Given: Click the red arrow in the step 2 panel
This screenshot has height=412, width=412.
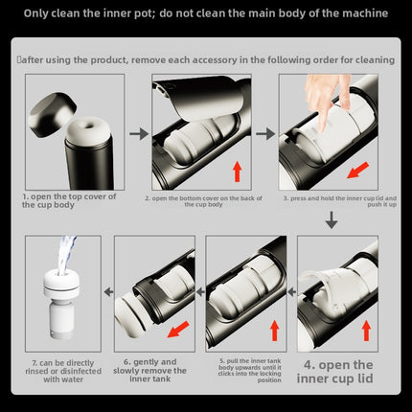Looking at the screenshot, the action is [x=237, y=172].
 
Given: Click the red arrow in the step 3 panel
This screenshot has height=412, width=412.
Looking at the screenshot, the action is [x=357, y=170].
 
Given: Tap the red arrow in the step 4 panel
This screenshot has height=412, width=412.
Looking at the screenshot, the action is [x=366, y=331].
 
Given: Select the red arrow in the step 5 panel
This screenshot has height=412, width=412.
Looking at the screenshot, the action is [x=275, y=331].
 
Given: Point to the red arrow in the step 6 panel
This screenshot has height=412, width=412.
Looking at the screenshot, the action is [x=178, y=329].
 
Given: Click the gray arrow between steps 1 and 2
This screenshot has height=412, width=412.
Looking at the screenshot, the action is [x=139, y=134].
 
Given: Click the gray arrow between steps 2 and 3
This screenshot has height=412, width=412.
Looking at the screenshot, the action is [x=265, y=134].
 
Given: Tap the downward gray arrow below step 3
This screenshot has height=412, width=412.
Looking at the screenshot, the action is [x=332, y=219].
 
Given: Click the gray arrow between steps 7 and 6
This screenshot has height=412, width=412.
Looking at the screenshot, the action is [x=108, y=291].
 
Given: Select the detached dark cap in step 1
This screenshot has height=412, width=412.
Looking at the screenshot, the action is [x=52, y=114].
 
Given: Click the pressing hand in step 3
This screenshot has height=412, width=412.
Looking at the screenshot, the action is [x=325, y=100].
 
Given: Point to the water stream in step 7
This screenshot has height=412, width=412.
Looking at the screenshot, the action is [x=66, y=255].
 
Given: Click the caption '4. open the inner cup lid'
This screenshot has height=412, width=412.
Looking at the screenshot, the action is [x=334, y=372].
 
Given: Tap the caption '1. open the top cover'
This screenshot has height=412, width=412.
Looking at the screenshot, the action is [x=69, y=200].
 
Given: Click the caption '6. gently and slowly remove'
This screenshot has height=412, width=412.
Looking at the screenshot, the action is [x=149, y=371].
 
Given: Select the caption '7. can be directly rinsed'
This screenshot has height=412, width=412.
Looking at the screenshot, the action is [x=63, y=371].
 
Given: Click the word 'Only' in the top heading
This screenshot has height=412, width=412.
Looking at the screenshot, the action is [x=35, y=13].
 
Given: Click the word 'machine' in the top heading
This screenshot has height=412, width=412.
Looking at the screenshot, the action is [x=365, y=13].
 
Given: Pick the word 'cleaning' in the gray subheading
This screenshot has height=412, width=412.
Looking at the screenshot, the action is [x=376, y=60].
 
